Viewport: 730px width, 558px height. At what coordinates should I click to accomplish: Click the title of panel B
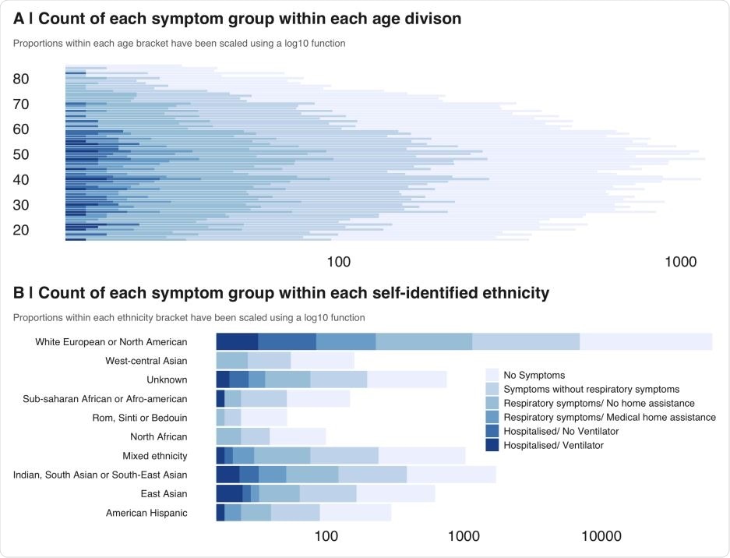(x=281, y=293)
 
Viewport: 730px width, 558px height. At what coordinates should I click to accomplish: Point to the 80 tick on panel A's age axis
(x=21, y=79)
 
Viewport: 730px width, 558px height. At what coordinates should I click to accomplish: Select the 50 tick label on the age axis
(x=21, y=154)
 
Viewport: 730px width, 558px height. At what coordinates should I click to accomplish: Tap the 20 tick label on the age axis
(x=21, y=230)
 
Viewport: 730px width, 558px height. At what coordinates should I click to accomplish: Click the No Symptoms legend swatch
(x=492, y=375)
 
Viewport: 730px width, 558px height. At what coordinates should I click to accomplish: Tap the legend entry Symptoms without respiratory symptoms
(x=591, y=389)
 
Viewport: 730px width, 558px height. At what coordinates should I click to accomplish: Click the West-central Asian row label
(x=146, y=361)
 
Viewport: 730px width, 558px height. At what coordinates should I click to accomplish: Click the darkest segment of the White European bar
(x=237, y=341)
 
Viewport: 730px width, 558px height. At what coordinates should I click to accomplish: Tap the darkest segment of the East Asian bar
(x=229, y=493)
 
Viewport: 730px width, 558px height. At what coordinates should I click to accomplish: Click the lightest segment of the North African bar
(x=297, y=436)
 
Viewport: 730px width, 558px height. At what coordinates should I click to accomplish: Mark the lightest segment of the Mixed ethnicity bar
(x=421, y=455)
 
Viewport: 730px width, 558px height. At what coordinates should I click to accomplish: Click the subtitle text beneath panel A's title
(x=179, y=44)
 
